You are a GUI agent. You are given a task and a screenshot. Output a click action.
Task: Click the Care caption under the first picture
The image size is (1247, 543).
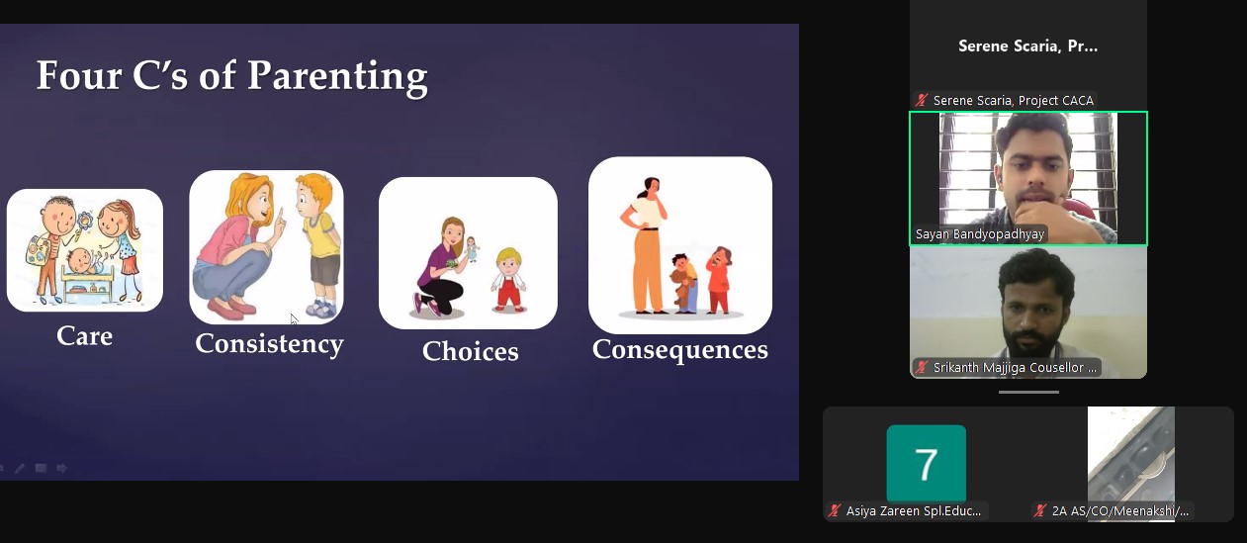click(x=85, y=336)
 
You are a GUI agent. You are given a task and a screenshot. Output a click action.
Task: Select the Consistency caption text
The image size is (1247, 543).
click(x=269, y=344)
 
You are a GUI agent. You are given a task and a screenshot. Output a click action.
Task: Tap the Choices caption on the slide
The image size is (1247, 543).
click(x=471, y=351)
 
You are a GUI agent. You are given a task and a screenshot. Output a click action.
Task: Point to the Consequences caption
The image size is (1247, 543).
click(x=679, y=350)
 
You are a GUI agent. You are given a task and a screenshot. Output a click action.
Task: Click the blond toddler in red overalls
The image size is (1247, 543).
click(x=508, y=279)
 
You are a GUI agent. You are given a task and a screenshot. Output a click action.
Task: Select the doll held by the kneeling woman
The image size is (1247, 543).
click(x=472, y=248)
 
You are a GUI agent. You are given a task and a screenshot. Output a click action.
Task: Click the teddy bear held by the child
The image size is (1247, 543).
click(x=680, y=284)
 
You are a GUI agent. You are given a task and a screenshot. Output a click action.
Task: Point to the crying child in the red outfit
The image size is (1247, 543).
click(x=719, y=280)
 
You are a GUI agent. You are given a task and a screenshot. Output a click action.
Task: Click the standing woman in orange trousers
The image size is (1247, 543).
click(x=647, y=245)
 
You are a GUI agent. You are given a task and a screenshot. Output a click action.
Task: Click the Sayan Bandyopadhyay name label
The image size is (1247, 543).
click(x=980, y=233)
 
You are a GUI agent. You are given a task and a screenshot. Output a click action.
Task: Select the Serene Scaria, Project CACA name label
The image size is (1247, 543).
click(x=1014, y=100)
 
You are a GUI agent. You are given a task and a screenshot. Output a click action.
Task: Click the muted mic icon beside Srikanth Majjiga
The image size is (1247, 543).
click(x=922, y=368)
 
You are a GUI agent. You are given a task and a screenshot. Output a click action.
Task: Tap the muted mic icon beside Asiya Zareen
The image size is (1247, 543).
click(x=835, y=510)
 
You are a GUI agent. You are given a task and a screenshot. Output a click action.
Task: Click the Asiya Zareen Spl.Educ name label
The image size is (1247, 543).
click(x=914, y=510)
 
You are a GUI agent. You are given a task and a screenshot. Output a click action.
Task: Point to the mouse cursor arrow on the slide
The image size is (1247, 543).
click(x=294, y=319)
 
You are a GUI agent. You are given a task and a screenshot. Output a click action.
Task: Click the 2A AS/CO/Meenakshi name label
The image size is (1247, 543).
click(x=1120, y=510)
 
